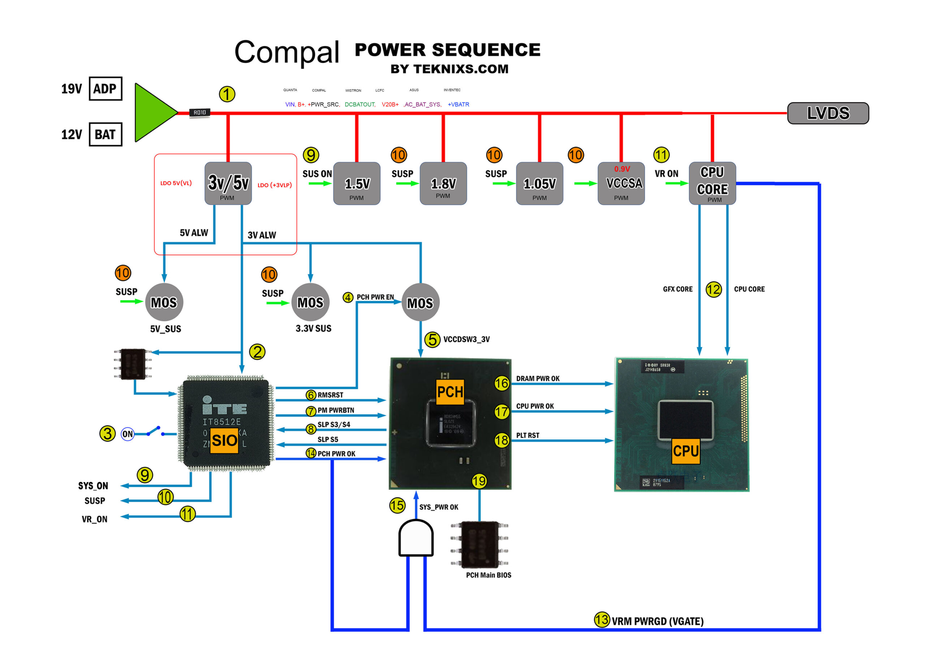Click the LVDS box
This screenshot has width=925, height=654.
coord(827,113)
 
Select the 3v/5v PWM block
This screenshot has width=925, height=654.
coord(228,183)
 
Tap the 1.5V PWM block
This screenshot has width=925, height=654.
coord(357,183)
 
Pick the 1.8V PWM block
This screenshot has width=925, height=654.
coord(443,183)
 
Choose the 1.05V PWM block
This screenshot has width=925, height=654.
coord(539,183)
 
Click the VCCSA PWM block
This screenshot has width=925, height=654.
coord(621,183)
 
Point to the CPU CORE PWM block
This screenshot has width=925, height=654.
coord(712,183)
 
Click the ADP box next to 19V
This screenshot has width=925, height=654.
coord(105,89)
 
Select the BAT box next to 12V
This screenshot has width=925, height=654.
coord(105,134)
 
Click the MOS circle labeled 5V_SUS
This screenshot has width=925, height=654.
coord(164,302)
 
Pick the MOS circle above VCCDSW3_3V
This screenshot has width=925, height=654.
coord(420,302)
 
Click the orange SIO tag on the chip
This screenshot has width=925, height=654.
coord(224,440)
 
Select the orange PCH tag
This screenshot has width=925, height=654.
coord(450,391)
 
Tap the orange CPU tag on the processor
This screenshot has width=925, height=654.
coord(686,450)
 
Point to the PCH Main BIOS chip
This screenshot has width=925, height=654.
coord(479,544)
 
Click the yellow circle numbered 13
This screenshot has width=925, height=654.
coord(602,620)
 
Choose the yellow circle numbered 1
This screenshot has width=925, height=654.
coord(227,94)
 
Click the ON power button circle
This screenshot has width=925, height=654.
coord(128,434)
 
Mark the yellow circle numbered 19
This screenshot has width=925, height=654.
coord(479,481)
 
